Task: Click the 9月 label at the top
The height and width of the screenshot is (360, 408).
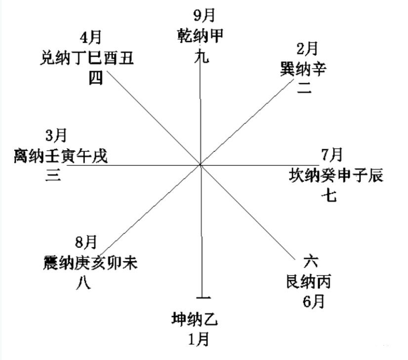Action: [x=204, y=15]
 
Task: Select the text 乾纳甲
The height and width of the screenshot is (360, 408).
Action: [x=201, y=36]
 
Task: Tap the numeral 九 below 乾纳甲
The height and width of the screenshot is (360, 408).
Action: [x=202, y=56]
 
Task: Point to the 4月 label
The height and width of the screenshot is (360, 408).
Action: [x=90, y=38]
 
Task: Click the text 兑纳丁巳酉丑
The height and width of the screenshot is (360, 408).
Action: [x=87, y=58]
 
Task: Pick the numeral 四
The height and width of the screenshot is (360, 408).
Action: [x=96, y=78]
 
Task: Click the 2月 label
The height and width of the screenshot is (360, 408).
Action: [x=307, y=48]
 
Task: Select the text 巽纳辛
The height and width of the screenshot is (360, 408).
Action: [x=303, y=69]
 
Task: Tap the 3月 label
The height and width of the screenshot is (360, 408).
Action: [x=56, y=135]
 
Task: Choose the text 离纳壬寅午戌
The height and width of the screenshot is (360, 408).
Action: [x=61, y=156]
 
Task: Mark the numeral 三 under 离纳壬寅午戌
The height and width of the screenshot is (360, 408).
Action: [x=53, y=175]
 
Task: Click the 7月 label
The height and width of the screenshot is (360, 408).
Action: [x=332, y=155]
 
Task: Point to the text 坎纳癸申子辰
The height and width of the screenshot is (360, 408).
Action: [x=336, y=175]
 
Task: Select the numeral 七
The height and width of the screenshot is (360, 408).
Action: [x=329, y=196]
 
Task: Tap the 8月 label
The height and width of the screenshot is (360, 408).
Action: [x=86, y=242]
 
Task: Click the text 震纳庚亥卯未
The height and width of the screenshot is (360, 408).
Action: [x=90, y=263]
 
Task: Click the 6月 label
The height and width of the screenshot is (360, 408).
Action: [x=314, y=302]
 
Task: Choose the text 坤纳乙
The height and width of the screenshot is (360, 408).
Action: [x=195, y=319]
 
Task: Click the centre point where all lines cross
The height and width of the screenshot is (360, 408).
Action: [x=201, y=164]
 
